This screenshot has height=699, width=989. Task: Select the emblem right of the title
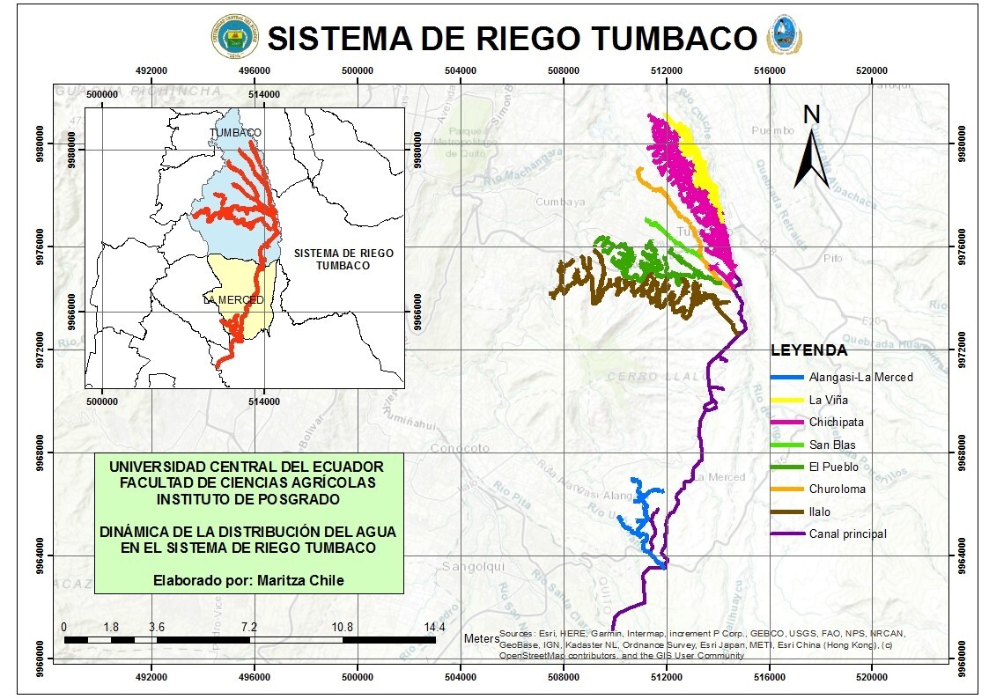(x=783, y=35)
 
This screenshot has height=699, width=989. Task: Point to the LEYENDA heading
(x=808, y=350)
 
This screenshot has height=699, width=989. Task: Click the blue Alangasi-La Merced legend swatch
(x=786, y=377)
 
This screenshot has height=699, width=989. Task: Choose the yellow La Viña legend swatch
(x=786, y=400)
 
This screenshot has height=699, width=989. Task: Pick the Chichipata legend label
(x=837, y=422)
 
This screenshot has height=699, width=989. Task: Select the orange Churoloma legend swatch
(x=786, y=489)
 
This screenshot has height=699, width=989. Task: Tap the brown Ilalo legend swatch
(x=786, y=511)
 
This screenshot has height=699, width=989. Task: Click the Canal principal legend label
(x=847, y=533)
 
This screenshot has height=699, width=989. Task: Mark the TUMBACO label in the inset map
(x=235, y=133)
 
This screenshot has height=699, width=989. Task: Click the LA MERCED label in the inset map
(x=232, y=300)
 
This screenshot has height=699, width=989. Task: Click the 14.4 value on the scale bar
(x=434, y=627)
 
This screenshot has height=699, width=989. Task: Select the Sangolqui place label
(x=471, y=566)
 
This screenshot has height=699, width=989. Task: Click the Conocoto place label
(x=460, y=448)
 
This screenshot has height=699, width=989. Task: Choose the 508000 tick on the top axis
(x=563, y=70)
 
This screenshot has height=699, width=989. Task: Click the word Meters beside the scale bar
(x=481, y=639)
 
